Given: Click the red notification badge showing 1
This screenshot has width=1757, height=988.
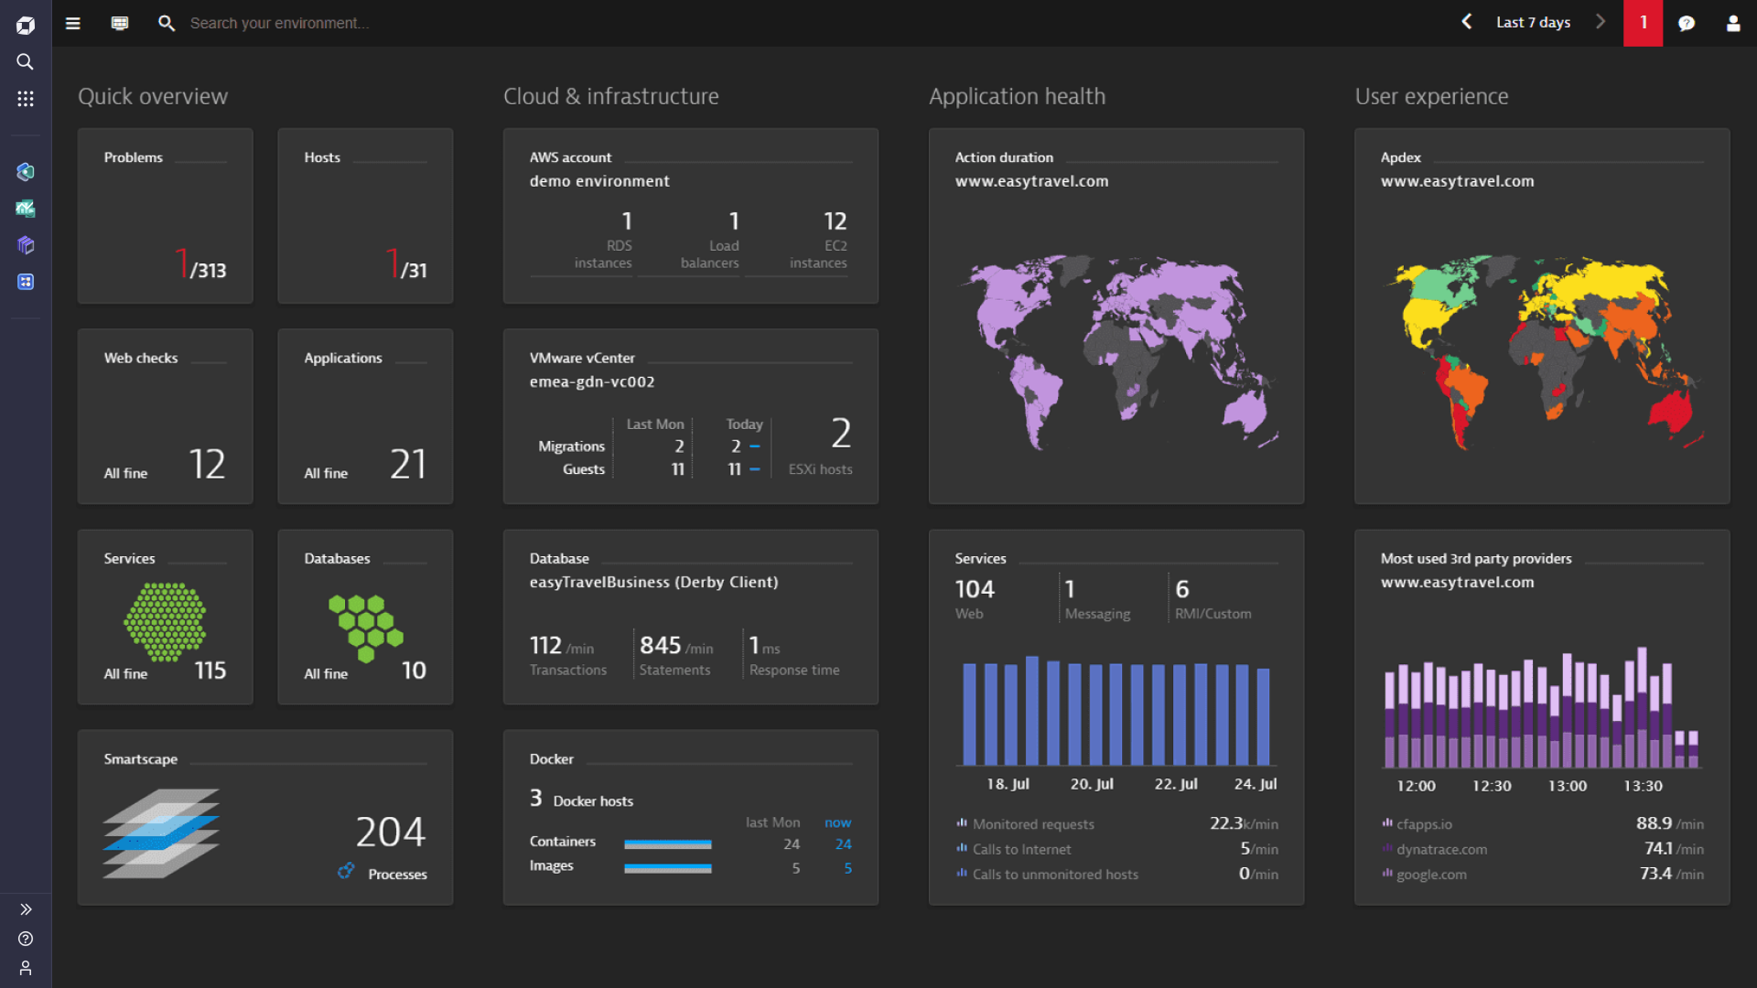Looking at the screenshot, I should tap(1643, 23).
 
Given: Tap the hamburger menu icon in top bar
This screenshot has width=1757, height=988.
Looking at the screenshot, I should tap(73, 24).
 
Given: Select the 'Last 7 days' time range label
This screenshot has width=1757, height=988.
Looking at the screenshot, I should tap(1533, 23).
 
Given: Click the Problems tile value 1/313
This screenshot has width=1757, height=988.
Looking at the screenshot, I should tap(201, 265).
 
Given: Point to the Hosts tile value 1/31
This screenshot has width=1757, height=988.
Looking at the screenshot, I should tap(406, 265).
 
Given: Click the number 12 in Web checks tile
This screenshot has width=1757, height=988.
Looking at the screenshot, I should tap(208, 465).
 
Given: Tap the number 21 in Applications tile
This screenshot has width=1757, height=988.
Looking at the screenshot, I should tap(408, 465).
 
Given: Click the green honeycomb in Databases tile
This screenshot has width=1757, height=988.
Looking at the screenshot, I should tap(366, 626).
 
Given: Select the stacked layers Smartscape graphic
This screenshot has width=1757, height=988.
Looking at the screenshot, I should tap(161, 833).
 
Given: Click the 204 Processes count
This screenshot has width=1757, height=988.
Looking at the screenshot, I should tap(391, 832).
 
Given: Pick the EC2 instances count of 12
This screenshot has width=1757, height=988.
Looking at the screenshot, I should tap(835, 221).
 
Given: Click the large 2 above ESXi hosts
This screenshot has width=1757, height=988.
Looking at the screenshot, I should tap(841, 434).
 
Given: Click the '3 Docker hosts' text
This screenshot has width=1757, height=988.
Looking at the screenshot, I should tap(582, 800).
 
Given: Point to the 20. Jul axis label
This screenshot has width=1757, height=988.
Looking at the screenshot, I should tap(1092, 784).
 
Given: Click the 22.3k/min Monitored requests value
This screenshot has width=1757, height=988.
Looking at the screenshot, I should tap(1244, 824).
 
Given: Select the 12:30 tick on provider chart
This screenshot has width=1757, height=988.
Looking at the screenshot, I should tap(1492, 786).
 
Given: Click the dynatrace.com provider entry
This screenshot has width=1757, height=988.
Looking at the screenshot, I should tap(1441, 850).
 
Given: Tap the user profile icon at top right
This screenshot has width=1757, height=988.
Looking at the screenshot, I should tap(1732, 24).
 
